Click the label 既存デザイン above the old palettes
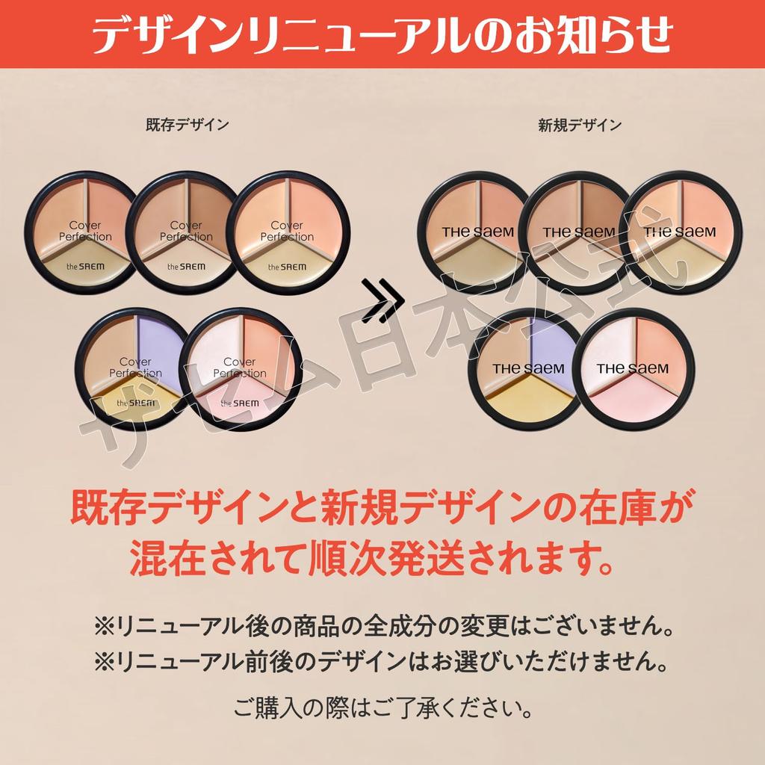(x=188, y=126)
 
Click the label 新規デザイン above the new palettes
(x=580, y=126)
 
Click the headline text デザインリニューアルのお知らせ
(x=382, y=34)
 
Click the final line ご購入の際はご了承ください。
(x=383, y=706)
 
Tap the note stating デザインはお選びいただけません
(x=382, y=660)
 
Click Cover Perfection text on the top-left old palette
(x=90, y=231)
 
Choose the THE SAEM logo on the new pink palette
(x=633, y=368)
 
